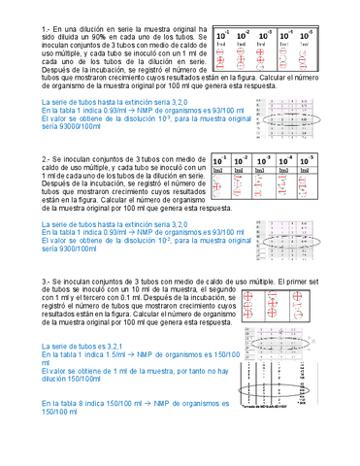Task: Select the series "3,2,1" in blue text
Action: point(115,347)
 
